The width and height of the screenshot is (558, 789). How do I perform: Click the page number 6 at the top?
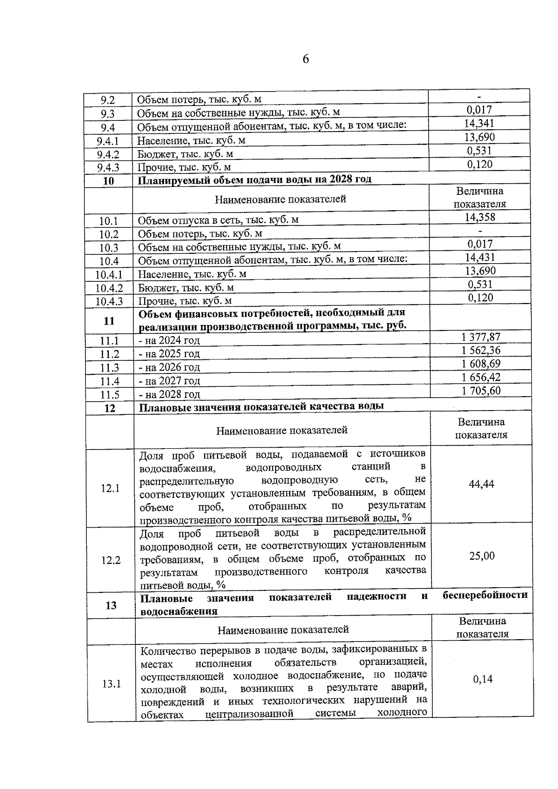[306, 59]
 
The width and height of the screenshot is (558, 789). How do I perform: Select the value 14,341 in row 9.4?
[479, 123]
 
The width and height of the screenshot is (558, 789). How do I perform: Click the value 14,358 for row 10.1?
[480, 217]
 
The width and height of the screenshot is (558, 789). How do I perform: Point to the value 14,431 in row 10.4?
[480, 257]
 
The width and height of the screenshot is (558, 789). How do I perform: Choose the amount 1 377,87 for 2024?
[481, 337]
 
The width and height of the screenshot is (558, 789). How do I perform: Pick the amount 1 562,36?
[481, 350]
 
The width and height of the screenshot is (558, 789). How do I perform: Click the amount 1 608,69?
[481, 364]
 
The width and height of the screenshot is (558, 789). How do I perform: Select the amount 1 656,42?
[481, 377]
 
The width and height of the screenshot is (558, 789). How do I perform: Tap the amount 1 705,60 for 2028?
[481, 391]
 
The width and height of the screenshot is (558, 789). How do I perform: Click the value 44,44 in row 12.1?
[482, 484]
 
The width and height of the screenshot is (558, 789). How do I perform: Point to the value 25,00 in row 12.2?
[482, 556]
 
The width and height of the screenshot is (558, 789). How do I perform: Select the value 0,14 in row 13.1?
[483, 679]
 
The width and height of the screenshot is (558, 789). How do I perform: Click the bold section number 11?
[109, 321]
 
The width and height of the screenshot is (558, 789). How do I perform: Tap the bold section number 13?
[111, 605]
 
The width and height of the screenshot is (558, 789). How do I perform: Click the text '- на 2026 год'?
[169, 367]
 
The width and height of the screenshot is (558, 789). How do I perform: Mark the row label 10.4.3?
[109, 301]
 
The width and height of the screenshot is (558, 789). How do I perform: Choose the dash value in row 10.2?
[480, 231]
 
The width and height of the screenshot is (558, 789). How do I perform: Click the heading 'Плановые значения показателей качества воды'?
[262, 406]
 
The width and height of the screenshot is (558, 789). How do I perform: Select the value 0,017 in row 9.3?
[479, 110]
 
